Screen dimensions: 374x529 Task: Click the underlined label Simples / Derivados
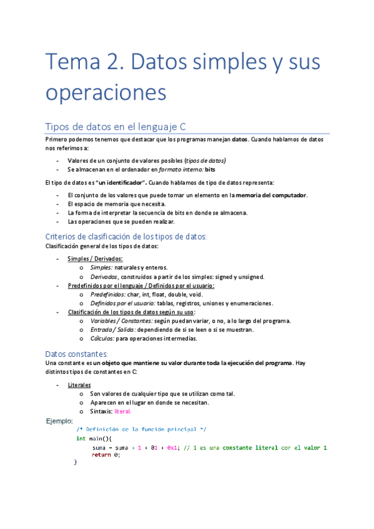pos(95,259)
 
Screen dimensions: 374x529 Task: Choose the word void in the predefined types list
pos(195,294)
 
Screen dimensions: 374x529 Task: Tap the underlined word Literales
pos(79,385)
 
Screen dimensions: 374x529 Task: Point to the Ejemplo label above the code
pos(60,422)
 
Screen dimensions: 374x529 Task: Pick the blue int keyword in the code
pos(81,439)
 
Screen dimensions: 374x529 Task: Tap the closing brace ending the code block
pos(76,462)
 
